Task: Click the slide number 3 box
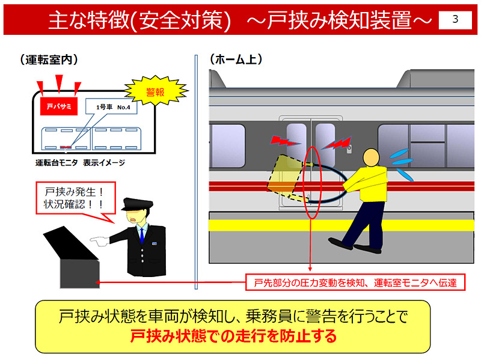point(455,20)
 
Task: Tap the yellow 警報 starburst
point(156,91)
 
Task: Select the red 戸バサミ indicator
point(59,106)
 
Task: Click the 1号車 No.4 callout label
point(113,107)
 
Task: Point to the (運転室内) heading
point(49,59)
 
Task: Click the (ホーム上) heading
point(236,59)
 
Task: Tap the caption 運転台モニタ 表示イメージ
point(80,162)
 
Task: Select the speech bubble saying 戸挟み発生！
point(76,198)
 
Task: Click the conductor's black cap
point(136,204)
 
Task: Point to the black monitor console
point(73,257)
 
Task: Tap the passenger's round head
point(371,158)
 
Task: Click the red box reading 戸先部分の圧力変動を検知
point(355,282)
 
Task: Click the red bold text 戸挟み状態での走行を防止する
point(233,336)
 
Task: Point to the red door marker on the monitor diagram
point(66,147)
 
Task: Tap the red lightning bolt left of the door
point(284,141)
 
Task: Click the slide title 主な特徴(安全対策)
point(139,20)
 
